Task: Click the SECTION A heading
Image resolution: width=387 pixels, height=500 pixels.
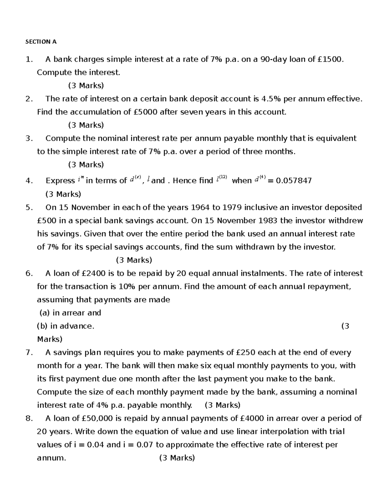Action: point(41,42)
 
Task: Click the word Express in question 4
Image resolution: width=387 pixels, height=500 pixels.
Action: point(60,181)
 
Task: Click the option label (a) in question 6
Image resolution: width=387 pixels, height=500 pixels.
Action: point(45,313)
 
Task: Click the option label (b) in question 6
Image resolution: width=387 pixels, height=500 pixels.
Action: point(43,326)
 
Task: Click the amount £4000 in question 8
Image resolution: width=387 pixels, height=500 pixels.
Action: point(252,419)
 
